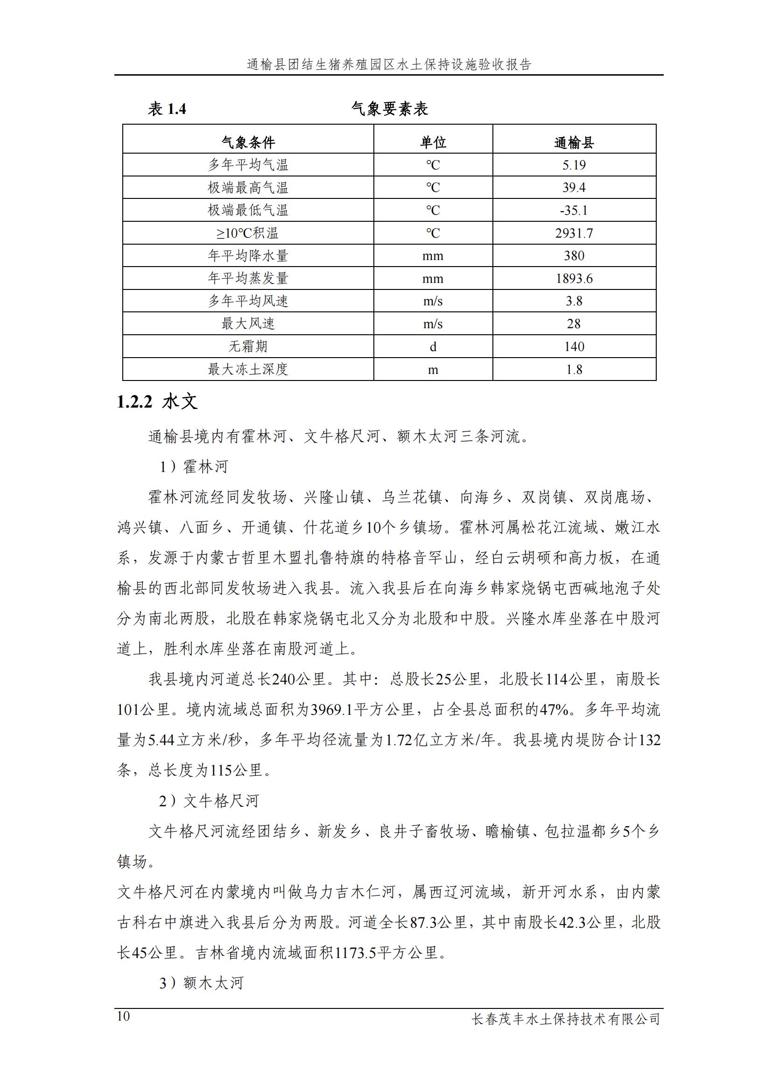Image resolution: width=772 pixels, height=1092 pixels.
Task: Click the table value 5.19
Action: point(574,165)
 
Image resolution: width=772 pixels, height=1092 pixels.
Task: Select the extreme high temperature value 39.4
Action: point(574,187)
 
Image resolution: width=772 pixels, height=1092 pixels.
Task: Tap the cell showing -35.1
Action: point(574,210)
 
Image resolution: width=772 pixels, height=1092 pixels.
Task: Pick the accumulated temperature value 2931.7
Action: point(574,233)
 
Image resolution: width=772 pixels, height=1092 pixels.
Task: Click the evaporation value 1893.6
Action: point(574,278)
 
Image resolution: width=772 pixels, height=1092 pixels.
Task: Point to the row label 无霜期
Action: point(248,346)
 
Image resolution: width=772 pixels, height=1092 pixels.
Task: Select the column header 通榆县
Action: point(574,142)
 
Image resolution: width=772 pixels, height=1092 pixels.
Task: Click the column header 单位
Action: point(433,142)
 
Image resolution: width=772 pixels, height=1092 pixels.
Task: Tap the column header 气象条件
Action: point(248,142)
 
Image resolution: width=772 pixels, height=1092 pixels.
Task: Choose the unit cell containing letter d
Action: point(433,347)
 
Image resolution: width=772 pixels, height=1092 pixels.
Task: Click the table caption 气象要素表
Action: point(389,109)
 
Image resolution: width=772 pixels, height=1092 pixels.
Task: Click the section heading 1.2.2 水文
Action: point(157,402)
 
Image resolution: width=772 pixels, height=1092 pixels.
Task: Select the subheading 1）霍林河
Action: point(194,466)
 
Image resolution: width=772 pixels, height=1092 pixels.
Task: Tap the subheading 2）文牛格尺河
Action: point(209,801)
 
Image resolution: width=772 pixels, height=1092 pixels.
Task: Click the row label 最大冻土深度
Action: point(248,369)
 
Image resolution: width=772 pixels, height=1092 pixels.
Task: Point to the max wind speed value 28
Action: point(574,324)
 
